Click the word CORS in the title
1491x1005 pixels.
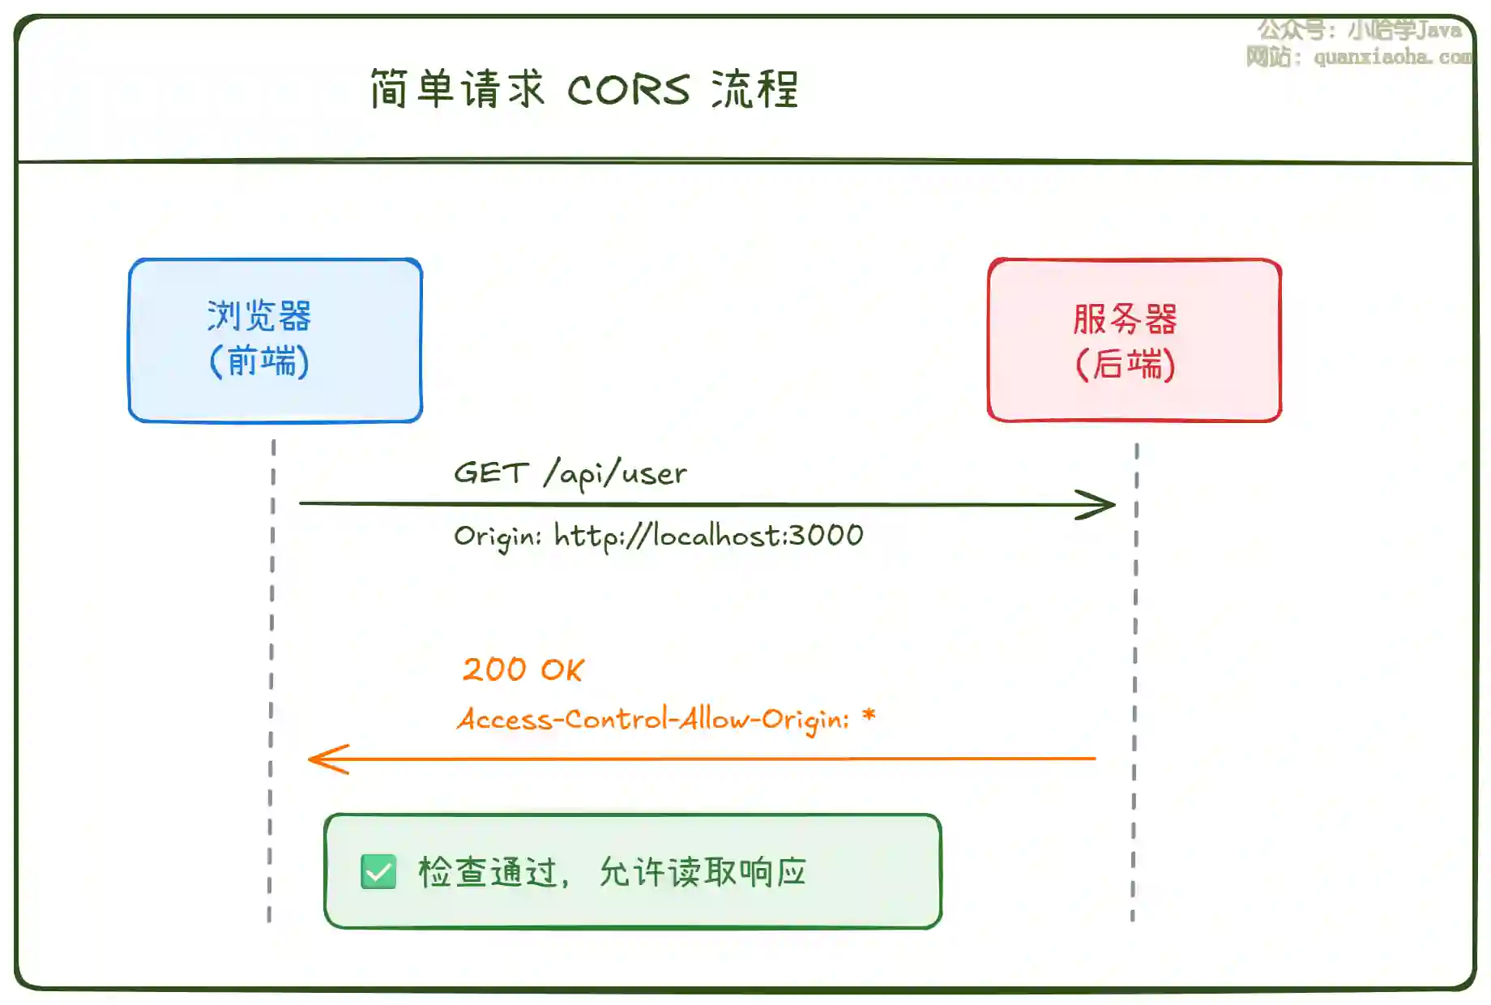pyautogui.click(x=628, y=90)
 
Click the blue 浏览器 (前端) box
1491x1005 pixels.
pyautogui.click(x=276, y=340)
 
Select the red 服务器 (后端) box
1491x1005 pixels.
pyautogui.click(x=1134, y=340)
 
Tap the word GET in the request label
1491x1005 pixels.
pyautogui.click(x=491, y=473)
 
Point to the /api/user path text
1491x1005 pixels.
pyautogui.click(x=616, y=473)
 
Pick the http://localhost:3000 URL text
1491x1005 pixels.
pyautogui.click(x=709, y=536)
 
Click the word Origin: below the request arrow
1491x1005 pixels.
pyautogui.click(x=497, y=537)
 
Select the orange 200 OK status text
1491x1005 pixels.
pyautogui.click(x=523, y=669)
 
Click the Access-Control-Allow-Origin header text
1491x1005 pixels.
pyautogui.click(x=653, y=719)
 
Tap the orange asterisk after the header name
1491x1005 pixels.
pyautogui.click(x=869, y=716)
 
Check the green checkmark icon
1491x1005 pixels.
pyautogui.click(x=378, y=872)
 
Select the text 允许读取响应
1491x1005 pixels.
pyautogui.click(x=703, y=873)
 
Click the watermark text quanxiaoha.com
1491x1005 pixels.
pyautogui.click(x=1392, y=57)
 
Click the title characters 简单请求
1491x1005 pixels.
pyautogui.click(x=457, y=89)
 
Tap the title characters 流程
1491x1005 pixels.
pyautogui.click(x=754, y=89)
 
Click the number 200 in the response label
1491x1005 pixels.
pyautogui.click(x=494, y=669)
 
